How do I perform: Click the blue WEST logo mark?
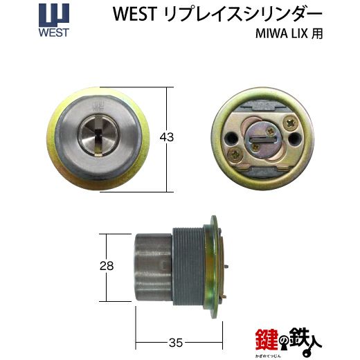pyautogui.click(x=54, y=15)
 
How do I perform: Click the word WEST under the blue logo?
pyautogui.click(x=54, y=33)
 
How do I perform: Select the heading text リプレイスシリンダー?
pyautogui.click(x=243, y=14)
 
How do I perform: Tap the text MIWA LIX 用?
pyautogui.click(x=289, y=34)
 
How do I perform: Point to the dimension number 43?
pyautogui.click(x=167, y=138)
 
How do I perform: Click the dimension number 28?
pyautogui.click(x=107, y=266)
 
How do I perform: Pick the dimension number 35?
pyautogui.click(x=176, y=343)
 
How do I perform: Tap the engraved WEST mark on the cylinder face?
pyautogui.click(x=98, y=106)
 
